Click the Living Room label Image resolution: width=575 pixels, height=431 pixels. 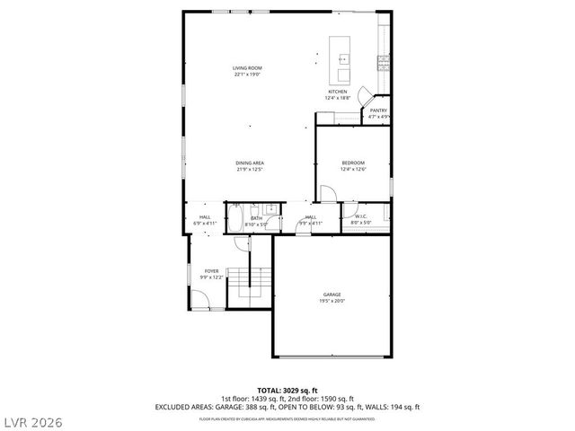(247, 68)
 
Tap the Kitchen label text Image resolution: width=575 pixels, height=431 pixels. (337, 92)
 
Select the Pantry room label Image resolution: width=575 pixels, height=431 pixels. (378, 110)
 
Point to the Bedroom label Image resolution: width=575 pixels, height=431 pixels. (353, 163)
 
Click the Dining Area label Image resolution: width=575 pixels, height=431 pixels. (250, 163)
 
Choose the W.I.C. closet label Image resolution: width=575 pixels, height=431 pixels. (359, 215)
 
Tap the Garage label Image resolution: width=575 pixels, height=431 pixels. (332, 295)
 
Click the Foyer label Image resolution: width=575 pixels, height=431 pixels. (211, 270)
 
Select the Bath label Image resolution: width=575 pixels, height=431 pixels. (257, 217)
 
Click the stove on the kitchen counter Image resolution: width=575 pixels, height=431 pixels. (384, 61)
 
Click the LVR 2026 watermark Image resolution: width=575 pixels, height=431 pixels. (33, 419)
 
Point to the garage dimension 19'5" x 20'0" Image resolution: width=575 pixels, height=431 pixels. (332, 301)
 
